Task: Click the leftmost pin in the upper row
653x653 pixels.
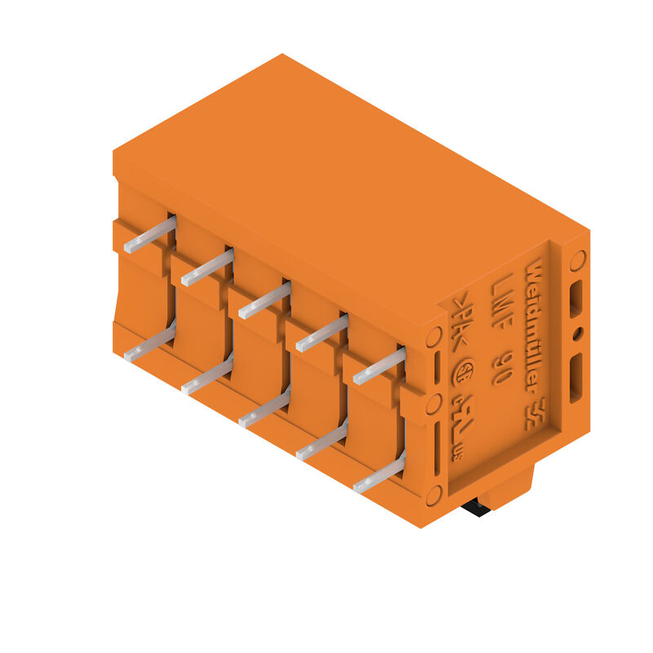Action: tap(149, 234)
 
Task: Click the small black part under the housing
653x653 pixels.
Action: tap(474, 508)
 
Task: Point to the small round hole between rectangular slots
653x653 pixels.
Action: tap(577, 333)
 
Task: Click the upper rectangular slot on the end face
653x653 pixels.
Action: tap(576, 298)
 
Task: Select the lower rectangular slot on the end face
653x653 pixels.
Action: tap(576, 376)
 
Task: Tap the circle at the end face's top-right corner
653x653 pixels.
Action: tap(577, 260)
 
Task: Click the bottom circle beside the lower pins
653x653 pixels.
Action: tap(433, 494)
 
